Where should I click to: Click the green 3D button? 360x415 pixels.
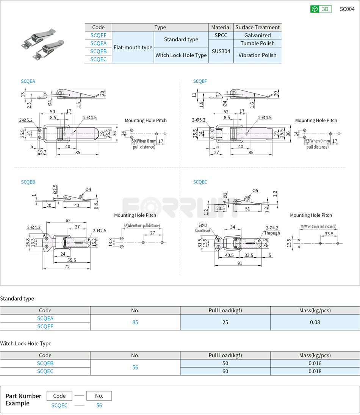tap(321, 9)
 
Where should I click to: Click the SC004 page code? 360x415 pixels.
tap(347, 9)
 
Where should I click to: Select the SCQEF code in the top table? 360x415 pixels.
tap(99, 35)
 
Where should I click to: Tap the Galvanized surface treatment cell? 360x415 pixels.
tap(257, 35)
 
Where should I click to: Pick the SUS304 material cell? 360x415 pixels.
tap(221, 51)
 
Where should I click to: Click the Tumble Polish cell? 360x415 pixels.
tap(257, 43)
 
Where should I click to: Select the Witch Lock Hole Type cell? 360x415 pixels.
tap(181, 55)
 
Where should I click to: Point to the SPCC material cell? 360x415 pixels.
tap(221, 35)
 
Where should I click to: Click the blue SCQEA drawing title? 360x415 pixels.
tap(28, 81)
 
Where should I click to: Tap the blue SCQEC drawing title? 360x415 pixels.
tap(200, 182)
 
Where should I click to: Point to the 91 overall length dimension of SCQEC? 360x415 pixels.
tap(240, 263)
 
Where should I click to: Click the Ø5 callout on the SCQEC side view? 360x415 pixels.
tap(255, 191)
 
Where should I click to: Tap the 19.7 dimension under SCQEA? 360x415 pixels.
tap(42, 152)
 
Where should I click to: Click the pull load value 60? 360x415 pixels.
tap(225, 371)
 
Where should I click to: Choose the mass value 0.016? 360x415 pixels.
tap(315, 363)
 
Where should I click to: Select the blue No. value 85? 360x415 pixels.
tap(135, 323)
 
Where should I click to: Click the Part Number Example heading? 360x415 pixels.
tap(23, 399)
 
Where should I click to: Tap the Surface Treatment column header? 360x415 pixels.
tap(257, 27)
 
